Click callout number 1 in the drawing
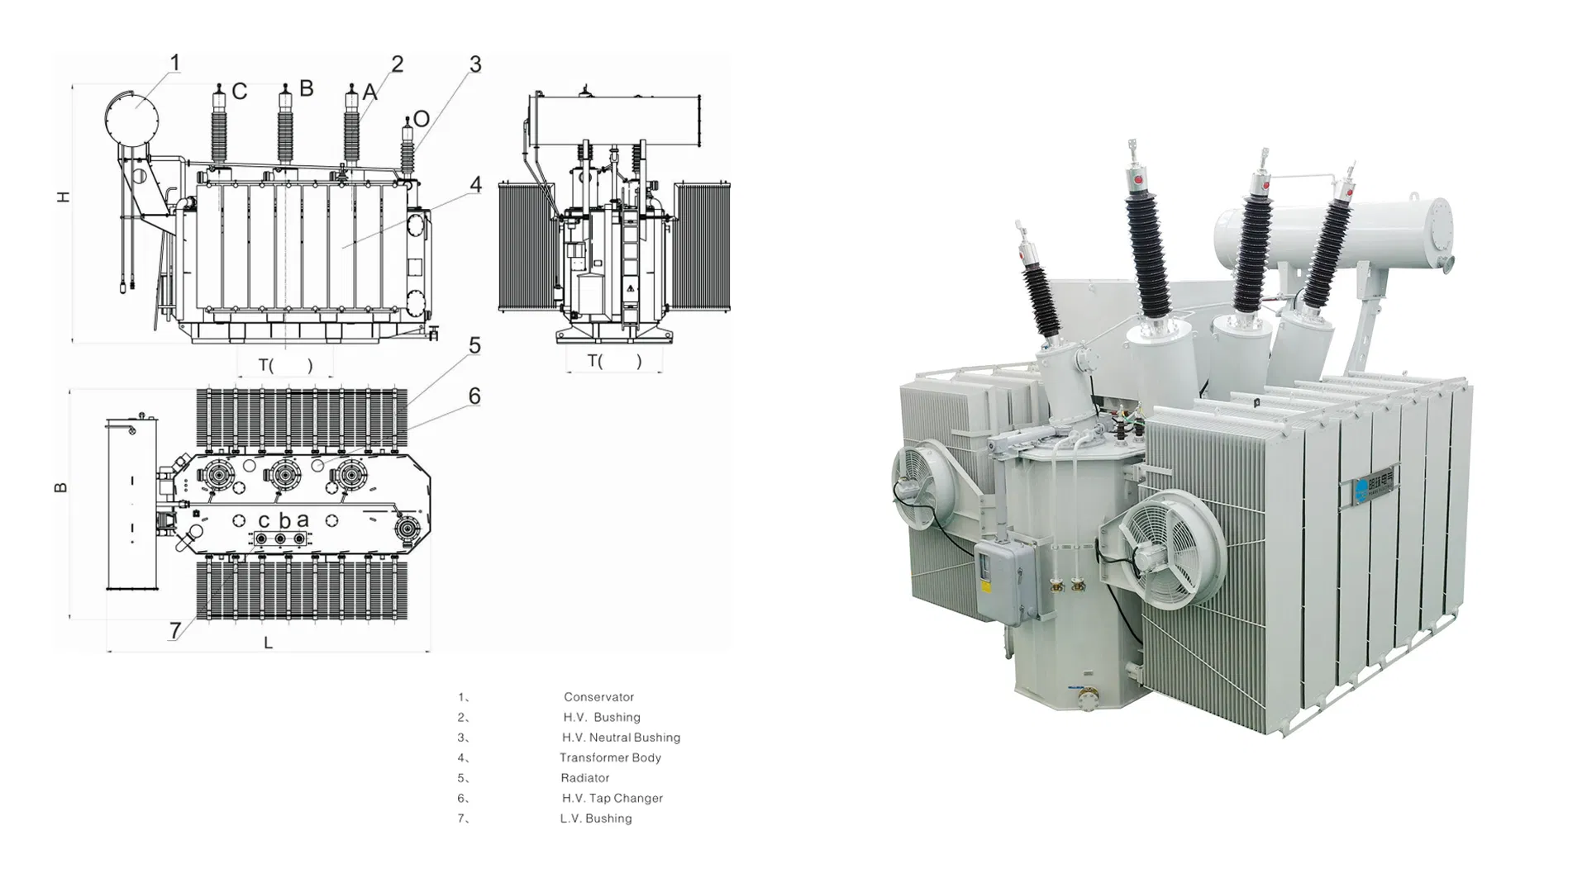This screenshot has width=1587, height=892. point(175,63)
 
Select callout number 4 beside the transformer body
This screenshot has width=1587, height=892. point(475,184)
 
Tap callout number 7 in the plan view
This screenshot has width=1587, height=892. point(175,630)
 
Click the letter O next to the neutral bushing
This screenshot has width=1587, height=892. point(422,119)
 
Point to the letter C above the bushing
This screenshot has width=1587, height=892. point(239,91)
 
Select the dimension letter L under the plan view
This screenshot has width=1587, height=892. point(268,643)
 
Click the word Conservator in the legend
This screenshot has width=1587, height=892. point(598,697)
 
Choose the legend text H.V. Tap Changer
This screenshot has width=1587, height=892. point(612,798)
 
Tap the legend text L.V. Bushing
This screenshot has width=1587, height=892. point(595,818)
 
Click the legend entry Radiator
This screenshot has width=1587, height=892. point(584,778)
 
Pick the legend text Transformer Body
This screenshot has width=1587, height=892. point(610,757)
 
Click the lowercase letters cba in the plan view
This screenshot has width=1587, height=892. point(284,520)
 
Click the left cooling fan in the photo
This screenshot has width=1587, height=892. point(922,484)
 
